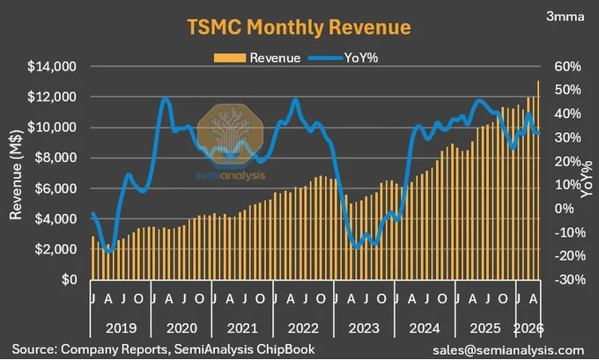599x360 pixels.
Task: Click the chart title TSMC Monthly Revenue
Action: coord(299,27)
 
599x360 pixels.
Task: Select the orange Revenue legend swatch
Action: coord(230,58)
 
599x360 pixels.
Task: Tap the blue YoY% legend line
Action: coord(325,58)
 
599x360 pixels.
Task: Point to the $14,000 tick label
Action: coord(52,66)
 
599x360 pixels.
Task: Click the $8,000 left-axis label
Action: coord(55,158)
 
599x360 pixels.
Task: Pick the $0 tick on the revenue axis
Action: coord(69,279)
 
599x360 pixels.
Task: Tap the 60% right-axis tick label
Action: coord(567,66)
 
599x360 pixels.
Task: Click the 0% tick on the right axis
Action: coord(564,209)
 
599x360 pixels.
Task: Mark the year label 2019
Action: coord(121,328)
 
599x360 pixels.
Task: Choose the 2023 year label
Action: coord(364,328)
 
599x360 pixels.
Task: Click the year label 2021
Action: coord(242,328)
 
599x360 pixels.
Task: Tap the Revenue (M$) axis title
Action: coord(16,175)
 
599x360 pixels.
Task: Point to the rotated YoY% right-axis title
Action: coord(587,179)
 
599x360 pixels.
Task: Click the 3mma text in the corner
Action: coord(565,17)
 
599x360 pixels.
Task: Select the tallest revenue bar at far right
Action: coord(538,180)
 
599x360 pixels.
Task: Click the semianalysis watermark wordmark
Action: coord(231,175)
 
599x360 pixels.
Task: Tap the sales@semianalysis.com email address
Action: coord(508,349)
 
